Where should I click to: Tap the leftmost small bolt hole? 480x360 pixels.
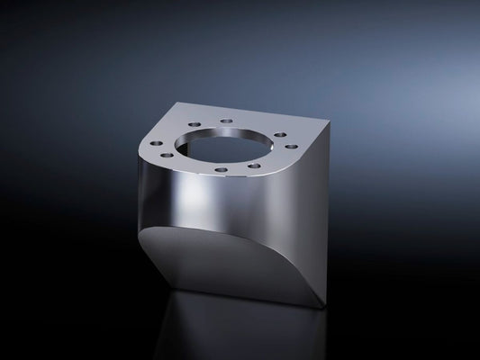coord(157,143)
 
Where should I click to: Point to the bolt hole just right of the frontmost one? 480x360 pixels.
coord(256,165)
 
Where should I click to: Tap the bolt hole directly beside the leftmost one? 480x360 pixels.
coord(167,156)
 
